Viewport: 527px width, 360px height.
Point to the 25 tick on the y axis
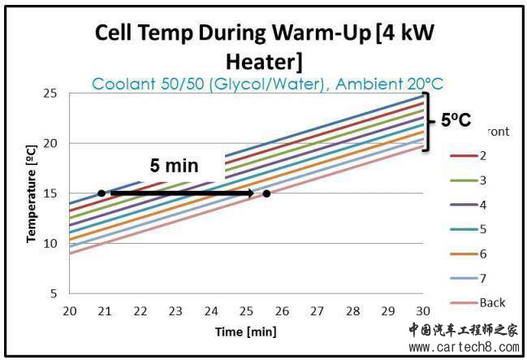pyautogui.click(x=50, y=93)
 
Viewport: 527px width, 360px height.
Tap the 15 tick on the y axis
pyautogui.click(x=50, y=193)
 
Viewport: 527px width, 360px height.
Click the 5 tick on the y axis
pyautogui.click(x=54, y=293)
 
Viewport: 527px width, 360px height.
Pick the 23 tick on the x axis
pyautogui.click(x=175, y=311)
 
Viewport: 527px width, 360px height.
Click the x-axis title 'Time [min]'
pyautogui.click(x=245, y=332)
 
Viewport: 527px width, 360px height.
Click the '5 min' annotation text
pyautogui.click(x=174, y=166)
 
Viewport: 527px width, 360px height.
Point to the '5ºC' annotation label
pyautogui.click(x=456, y=120)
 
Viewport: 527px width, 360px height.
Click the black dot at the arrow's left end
pyautogui.click(x=101, y=193)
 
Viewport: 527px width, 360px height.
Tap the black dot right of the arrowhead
pyautogui.click(x=266, y=193)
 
